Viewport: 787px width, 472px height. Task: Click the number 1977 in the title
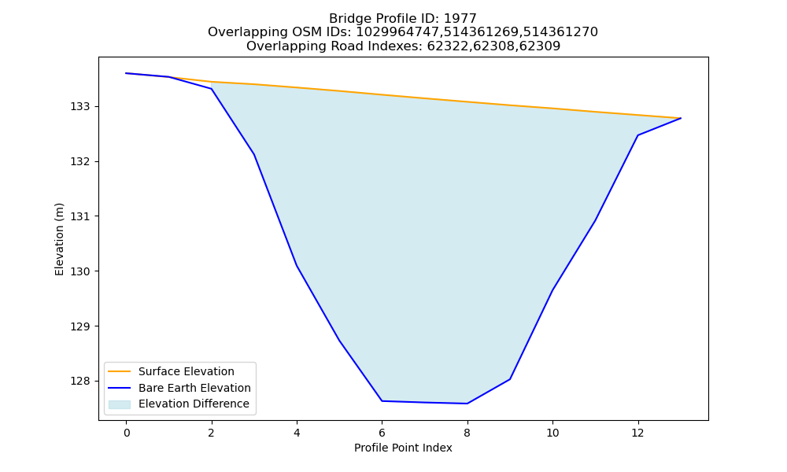(460, 19)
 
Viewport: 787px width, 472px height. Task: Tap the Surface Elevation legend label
(187, 371)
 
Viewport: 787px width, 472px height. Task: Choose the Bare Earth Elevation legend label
(194, 388)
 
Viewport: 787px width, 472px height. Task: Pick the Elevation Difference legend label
(194, 404)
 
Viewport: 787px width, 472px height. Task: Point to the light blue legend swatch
(120, 404)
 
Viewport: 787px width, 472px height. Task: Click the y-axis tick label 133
(79, 107)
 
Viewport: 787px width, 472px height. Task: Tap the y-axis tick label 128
(79, 382)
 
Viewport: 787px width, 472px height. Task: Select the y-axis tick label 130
(79, 271)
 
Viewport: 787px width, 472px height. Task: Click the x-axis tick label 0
(127, 433)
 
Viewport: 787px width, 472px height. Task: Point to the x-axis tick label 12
(638, 433)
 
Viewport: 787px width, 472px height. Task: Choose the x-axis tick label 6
(382, 433)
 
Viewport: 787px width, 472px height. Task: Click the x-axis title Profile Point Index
(403, 448)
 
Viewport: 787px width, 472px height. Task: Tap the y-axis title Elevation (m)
(60, 239)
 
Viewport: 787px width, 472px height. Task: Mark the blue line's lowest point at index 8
(467, 404)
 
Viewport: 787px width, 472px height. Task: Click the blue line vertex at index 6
(382, 400)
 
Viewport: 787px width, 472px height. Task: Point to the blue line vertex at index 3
(254, 154)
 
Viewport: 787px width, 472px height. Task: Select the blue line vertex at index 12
(638, 135)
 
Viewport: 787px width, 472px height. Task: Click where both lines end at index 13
(681, 118)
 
